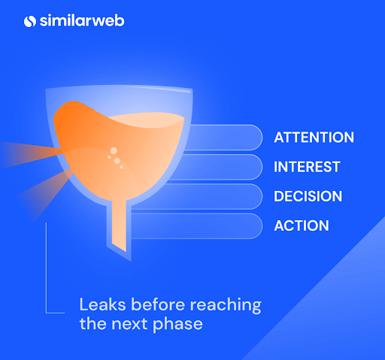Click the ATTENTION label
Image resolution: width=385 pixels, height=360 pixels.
pos(314,138)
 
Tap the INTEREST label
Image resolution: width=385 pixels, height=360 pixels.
pos(307,167)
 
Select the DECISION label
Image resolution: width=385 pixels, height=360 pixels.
pos(308,196)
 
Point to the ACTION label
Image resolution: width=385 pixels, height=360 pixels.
pos(301,225)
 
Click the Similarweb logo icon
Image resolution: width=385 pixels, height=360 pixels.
pos(30,21)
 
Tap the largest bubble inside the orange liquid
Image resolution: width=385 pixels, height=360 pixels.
pos(114,150)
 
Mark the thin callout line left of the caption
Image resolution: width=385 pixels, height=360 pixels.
pos(46,271)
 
